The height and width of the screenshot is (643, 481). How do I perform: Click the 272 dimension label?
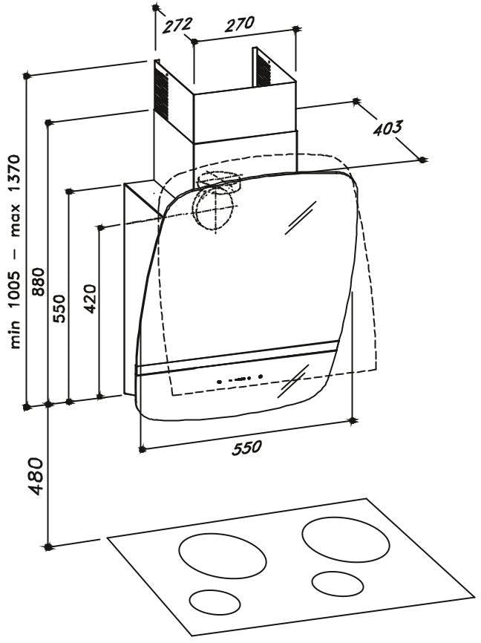click(177, 25)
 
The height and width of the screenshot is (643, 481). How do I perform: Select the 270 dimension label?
click(240, 24)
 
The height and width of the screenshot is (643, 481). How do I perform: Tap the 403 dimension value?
click(388, 128)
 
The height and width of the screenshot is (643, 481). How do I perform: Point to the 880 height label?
click(38, 281)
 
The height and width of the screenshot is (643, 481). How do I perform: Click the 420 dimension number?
click(90, 298)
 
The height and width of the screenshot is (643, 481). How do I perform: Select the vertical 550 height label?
click(59, 308)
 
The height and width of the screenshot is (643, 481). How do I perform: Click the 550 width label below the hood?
click(246, 447)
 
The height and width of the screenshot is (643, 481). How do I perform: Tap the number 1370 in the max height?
click(15, 174)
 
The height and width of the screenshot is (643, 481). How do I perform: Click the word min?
click(15, 335)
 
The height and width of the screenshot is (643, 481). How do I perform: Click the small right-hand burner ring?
click(338, 584)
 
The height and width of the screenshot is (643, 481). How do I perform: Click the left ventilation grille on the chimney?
click(161, 93)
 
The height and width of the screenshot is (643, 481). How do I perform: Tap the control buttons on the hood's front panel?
click(240, 379)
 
